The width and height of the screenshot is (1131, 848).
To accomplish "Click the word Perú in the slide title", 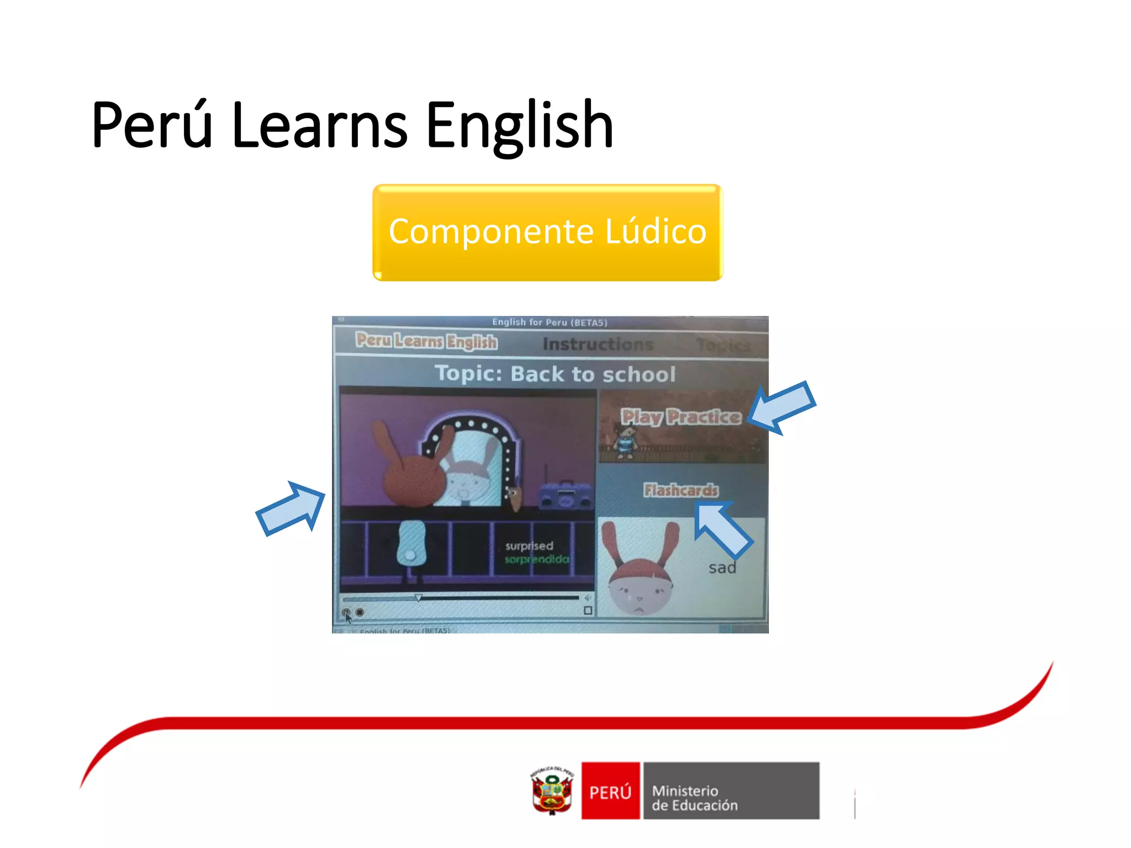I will point(152,126).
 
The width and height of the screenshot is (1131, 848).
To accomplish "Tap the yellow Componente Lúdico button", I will point(547,232).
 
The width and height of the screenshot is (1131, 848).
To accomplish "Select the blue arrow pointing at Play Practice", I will point(781,407).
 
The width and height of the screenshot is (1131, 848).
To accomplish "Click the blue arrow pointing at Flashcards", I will point(722,529).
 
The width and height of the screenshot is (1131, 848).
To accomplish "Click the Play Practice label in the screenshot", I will point(680,417).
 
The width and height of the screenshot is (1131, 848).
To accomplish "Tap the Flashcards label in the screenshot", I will point(681,490).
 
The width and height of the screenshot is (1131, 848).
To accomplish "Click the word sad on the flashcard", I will point(722,568).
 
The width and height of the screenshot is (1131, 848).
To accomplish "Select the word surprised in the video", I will point(529,545).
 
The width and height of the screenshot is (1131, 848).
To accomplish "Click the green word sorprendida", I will point(536,559).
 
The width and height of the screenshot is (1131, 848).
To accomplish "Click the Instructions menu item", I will point(598,344).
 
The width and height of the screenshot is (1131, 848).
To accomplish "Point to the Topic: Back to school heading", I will point(554,374).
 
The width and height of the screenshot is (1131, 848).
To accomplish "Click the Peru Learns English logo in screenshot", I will point(426,341).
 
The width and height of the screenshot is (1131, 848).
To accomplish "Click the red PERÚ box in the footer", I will point(610,791).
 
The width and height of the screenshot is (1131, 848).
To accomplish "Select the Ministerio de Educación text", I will point(695,798).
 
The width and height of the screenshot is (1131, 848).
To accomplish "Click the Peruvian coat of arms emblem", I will point(552,791).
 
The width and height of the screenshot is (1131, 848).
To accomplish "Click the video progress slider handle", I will point(419,597).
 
